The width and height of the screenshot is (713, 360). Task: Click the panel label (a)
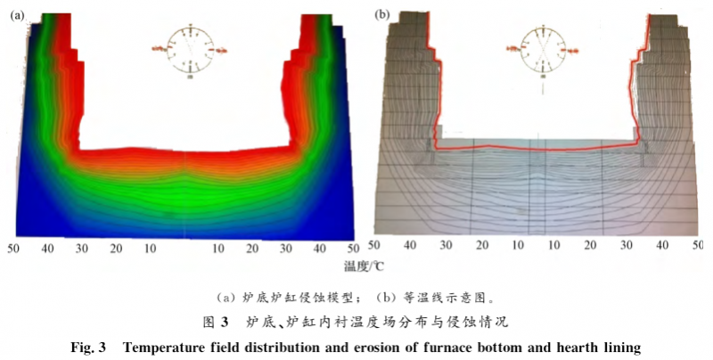[x=16, y=15]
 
